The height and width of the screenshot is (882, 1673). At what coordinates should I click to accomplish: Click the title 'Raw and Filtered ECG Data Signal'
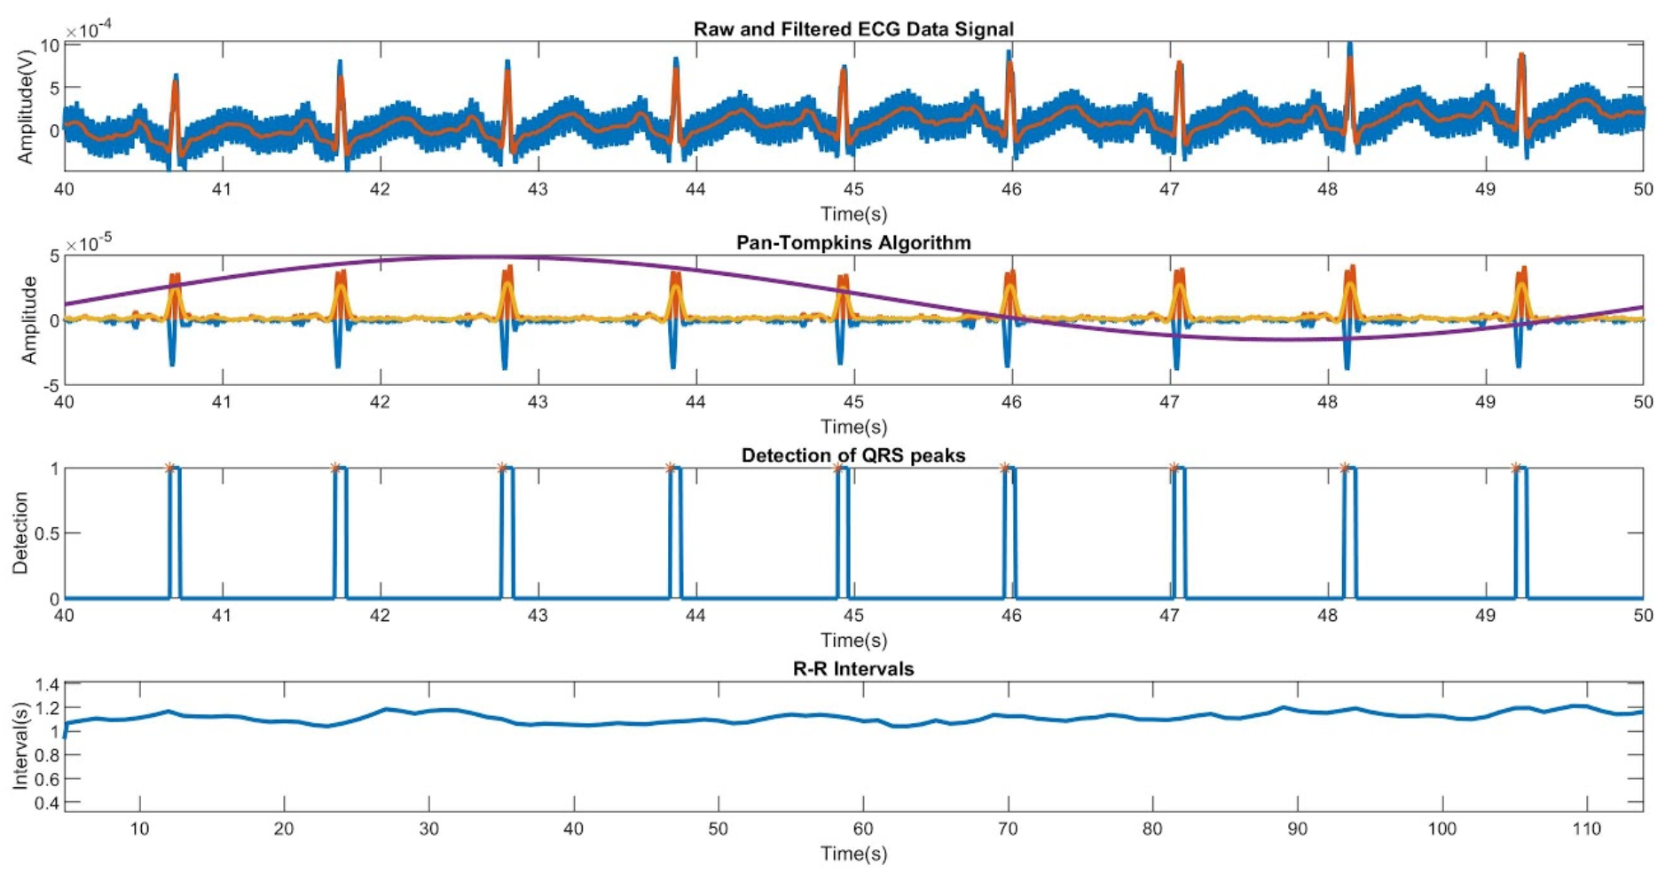(x=852, y=29)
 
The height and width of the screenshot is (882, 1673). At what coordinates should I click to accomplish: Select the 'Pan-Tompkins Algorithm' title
(x=852, y=242)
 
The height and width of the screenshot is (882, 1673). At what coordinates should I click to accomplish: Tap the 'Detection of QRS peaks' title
(x=852, y=455)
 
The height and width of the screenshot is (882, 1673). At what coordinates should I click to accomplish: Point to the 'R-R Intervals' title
(x=852, y=669)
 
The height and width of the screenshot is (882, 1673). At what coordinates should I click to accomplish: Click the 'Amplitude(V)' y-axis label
(x=25, y=107)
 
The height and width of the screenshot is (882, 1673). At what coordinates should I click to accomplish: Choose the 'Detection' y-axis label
(x=20, y=533)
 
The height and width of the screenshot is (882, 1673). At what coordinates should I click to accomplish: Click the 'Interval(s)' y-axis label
(x=20, y=745)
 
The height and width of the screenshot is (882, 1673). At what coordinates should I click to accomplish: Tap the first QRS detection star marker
(x=169, y=468)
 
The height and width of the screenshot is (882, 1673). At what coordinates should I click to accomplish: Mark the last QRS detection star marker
(x=1516, y=468)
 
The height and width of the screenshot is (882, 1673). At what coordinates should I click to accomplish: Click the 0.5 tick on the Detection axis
(x=46, y=533)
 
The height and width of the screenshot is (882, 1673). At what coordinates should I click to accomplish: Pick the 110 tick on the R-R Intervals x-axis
(x=1587, y=829)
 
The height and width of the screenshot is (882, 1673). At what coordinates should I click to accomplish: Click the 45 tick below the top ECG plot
(x=853, y=189)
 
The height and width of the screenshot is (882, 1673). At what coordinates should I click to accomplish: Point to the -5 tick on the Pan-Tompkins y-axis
(x=52, y=386)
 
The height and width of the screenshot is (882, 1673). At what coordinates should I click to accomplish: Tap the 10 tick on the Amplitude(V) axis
(x=50, y=45)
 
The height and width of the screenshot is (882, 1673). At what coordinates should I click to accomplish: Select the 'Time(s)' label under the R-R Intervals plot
(x=852, y=854)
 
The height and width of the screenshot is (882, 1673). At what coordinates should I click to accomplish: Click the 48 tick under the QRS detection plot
(x=1327, y=615)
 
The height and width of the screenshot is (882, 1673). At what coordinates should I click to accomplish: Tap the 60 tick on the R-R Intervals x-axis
(x=863, y=829)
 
